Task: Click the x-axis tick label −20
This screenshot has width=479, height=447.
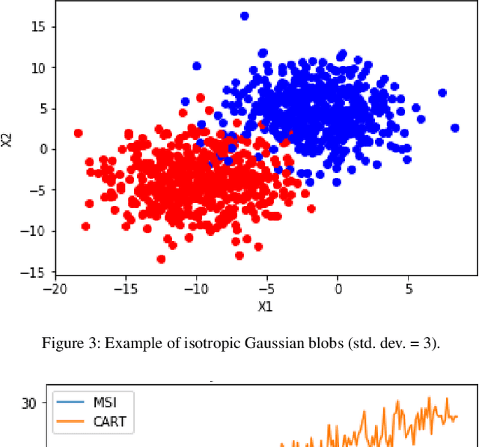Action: [54, 288]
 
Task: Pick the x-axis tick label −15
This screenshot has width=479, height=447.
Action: [125, 288]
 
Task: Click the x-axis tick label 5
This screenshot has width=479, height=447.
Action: [409, 288]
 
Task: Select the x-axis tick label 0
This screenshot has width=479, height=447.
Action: [338, 288]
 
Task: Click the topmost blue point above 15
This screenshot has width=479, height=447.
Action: [244, 16]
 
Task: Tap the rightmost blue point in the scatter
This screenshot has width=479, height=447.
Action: [454, 128]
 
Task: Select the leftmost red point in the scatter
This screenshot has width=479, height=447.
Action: [78, 133]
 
